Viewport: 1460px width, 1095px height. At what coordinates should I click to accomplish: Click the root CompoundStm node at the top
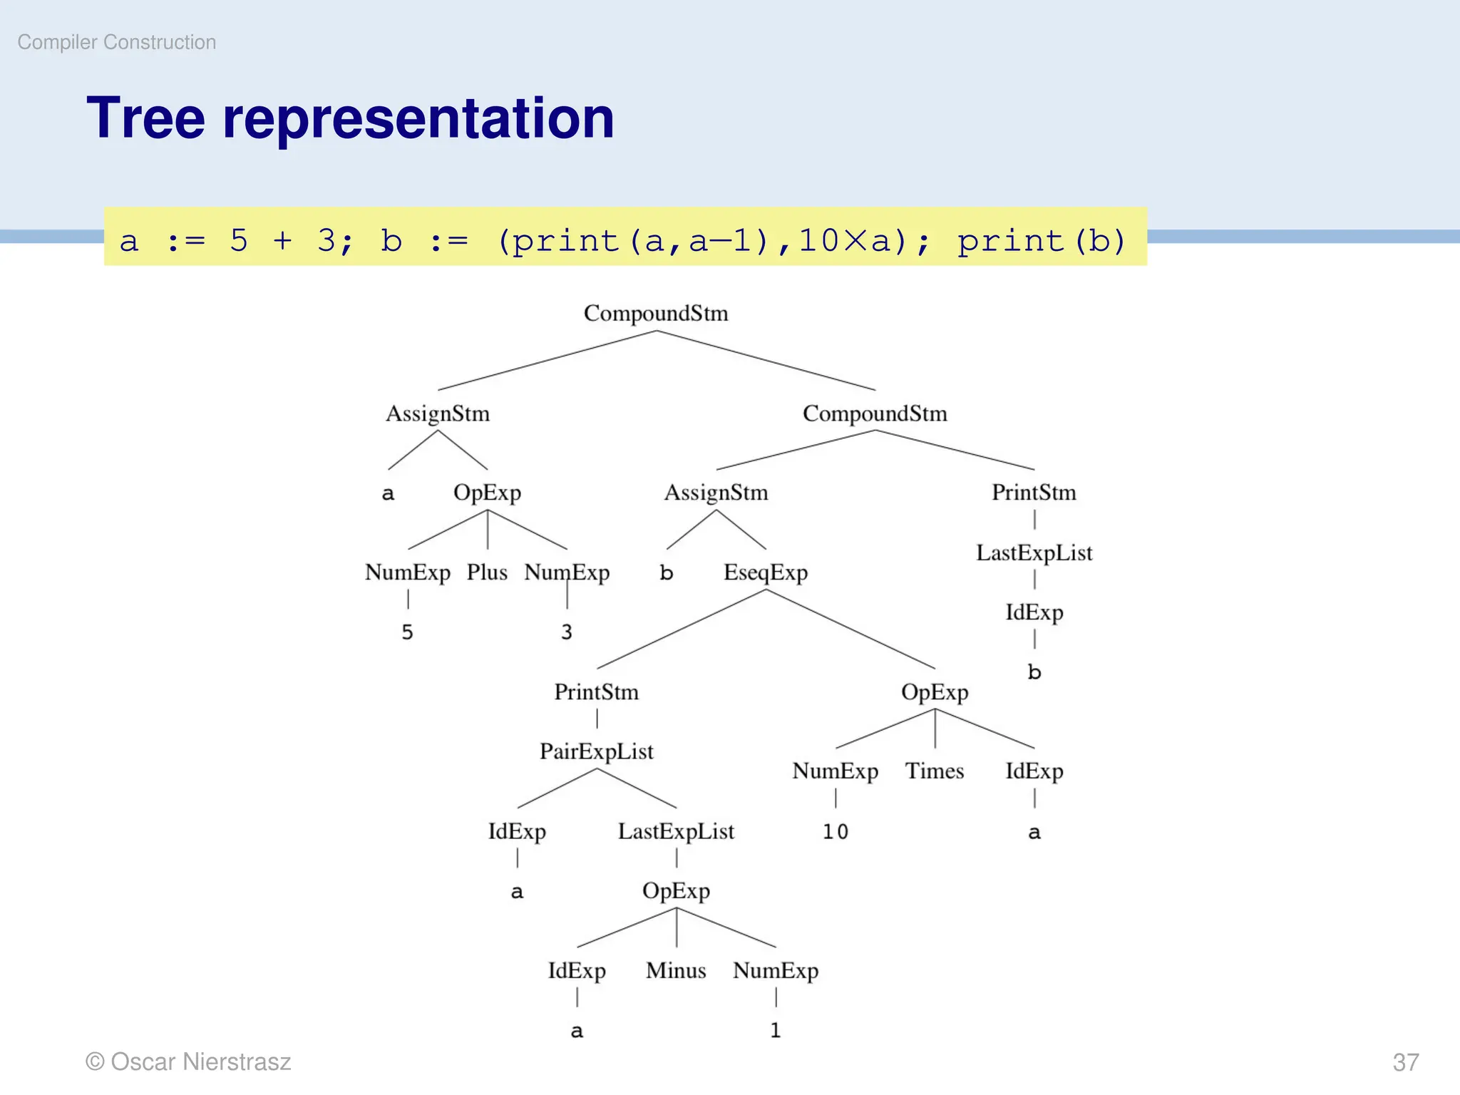(x=655, y=313)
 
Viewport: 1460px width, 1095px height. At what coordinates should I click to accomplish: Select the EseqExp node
(x=765, y=572)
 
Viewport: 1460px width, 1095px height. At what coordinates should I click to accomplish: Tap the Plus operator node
(x=487, y=572)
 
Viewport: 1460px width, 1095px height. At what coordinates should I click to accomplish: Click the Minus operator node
(x=676, y=970)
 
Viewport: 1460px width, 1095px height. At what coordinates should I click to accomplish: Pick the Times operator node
(x=934, y=771)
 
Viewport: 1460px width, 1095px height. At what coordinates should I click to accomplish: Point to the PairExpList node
(x=596, y=751)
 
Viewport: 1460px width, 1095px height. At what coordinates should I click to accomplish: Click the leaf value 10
(x=835, y=832)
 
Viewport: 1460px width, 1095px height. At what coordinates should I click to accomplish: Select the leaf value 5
(x=407, y=632)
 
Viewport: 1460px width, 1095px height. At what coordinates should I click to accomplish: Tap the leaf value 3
(x=566, y=632)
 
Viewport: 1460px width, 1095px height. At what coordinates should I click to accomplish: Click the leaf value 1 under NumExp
(x=775, y=1030)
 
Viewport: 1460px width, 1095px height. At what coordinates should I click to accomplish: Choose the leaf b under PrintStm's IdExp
(x=1034, y=672)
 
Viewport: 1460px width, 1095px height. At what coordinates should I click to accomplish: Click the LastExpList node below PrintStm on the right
(x=1034, y=553)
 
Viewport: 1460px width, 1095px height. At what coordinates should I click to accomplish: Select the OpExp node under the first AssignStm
(x=487, y=493)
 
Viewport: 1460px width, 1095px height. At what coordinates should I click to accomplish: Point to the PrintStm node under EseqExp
(x=596, y=692)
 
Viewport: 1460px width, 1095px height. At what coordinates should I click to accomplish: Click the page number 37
(x=1405, y=1062)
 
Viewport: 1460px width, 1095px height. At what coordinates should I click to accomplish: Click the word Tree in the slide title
(x=145, y=118)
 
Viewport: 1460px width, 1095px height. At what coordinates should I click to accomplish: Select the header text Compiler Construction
(x=117, y=42)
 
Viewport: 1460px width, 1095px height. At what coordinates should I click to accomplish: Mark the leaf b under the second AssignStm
(x=666, y=573)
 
